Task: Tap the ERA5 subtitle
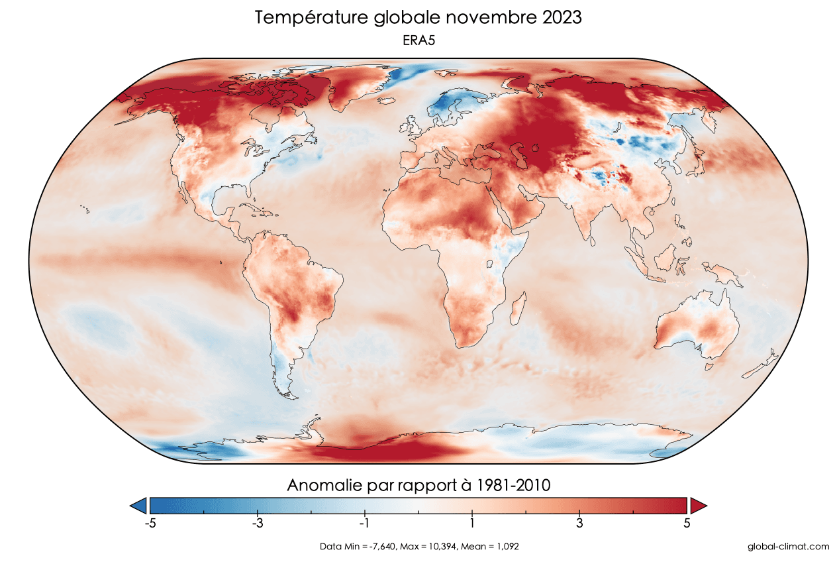418,40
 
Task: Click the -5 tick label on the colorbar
150,523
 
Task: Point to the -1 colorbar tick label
364,523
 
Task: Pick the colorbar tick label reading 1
471,523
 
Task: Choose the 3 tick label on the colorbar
579,523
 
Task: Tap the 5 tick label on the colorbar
687,523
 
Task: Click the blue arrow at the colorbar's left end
139,506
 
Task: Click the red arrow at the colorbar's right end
698,506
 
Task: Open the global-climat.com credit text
787,547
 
